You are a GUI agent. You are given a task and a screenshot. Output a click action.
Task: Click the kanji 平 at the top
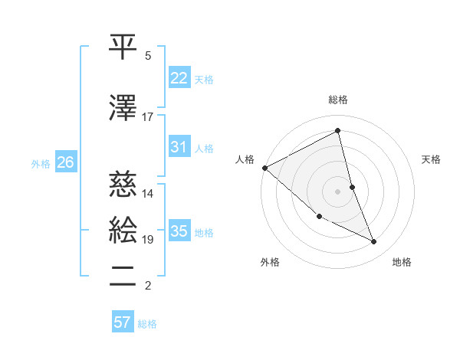(123, 47)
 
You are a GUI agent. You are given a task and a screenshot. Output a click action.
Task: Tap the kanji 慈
(123, 184)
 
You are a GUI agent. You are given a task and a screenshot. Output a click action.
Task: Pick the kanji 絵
(123, 231)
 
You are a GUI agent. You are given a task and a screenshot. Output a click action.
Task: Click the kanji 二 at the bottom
(123, 276)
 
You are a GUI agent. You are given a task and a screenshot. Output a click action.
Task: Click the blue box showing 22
(179, 78)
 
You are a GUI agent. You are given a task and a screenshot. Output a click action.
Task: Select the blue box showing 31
(179, 147)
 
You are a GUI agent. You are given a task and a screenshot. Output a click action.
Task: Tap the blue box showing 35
(179, 231)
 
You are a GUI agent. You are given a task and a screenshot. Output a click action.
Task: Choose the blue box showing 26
(65, 162)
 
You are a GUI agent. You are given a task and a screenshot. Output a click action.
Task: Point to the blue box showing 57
(123, 322)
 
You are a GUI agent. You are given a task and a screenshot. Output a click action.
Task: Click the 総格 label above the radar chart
(338, 100)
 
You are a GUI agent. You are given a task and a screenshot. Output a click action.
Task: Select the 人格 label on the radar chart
(245, 159)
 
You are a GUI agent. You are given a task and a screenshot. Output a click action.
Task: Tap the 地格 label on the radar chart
(402, 263)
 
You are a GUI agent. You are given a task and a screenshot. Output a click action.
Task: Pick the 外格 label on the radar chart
(270, 263)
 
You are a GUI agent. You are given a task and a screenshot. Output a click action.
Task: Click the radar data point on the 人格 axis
(264, 167)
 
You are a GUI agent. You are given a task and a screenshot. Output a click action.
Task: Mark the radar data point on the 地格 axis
(374, 242)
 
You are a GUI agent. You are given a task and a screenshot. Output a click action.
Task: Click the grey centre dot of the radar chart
(338, 191)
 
